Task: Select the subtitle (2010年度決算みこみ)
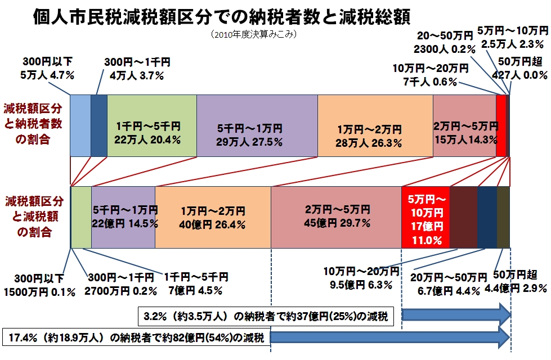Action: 254,34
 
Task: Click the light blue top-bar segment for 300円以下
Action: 80,125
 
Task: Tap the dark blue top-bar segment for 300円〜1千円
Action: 99,125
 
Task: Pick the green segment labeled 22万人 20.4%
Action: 152,125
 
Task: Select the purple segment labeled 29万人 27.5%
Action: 257,125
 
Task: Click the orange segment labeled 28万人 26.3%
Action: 375,125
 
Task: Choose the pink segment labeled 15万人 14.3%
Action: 464,125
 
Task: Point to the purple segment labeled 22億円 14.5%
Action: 123,217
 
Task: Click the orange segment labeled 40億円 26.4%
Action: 213,217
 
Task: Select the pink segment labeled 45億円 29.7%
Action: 337,217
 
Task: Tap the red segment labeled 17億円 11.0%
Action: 425,217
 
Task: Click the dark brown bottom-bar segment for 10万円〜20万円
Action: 464,217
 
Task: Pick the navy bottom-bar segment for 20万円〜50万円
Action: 487,217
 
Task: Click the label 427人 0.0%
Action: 519,75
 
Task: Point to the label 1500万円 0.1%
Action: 40,292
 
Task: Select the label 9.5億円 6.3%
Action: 361,285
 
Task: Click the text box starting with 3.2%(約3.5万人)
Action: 266,317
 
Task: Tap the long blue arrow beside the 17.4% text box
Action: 390,337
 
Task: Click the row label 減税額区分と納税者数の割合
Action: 33,124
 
